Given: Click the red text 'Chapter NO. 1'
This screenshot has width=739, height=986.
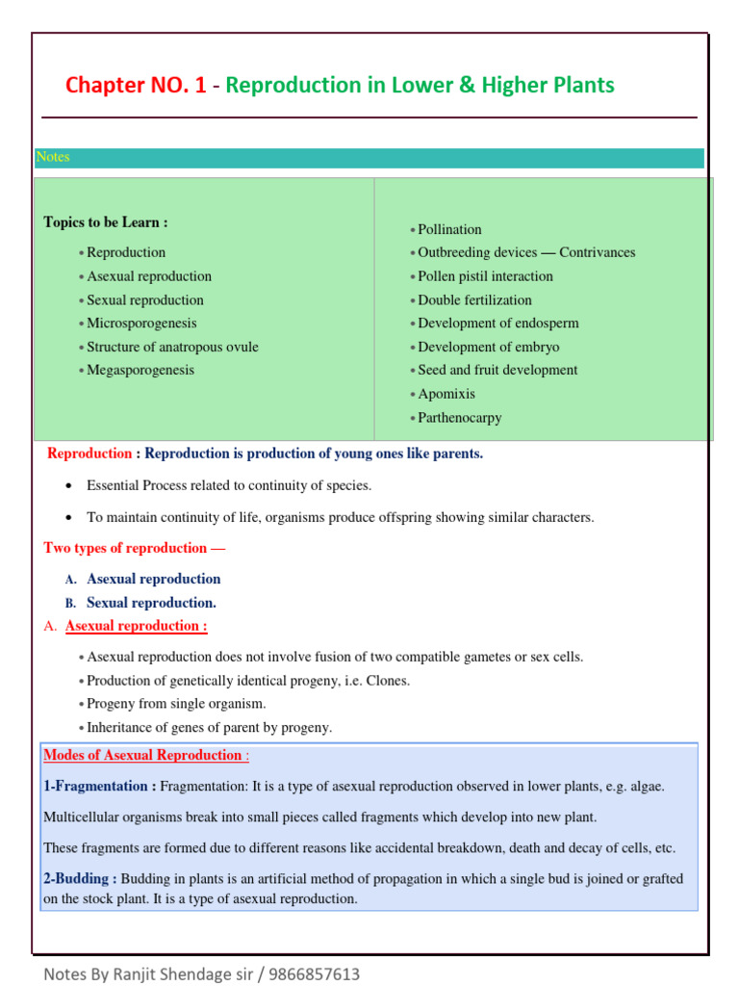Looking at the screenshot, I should pyautogui.click(x=136, y=86).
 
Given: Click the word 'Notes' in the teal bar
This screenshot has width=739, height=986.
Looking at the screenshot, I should pyautogui.click(x=53, y=157).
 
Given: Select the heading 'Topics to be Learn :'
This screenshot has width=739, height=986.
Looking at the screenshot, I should pyautogui.click(x=106, y=222).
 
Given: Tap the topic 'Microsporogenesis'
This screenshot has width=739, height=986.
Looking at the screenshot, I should pyautogui.click(x=141, y=324).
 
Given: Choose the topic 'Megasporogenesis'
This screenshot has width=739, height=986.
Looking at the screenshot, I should pyautogui.click(x=140, y=370).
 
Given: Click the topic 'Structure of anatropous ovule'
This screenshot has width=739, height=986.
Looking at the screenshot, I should pyautogui.click(x=172, y=347).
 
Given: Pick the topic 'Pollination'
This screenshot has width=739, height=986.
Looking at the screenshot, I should pyautogui.click(x=449, y=229).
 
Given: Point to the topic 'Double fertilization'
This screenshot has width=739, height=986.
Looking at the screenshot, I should pyautogui.click(x=474, y=299).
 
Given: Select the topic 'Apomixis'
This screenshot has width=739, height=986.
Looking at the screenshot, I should pyautogui.click(x=446, y=394).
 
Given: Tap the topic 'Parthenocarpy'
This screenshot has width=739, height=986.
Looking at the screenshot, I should pyautogui.click(x=460, y=418).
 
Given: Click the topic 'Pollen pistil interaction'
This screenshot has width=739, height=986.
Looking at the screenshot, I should pyautogui.click(x=485, y=276).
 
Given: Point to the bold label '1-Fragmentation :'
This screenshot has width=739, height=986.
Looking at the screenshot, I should pyautogui.click(x=100, y=786).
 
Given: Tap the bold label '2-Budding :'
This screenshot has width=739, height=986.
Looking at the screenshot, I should pyautogui.click(x=81, y=878).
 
